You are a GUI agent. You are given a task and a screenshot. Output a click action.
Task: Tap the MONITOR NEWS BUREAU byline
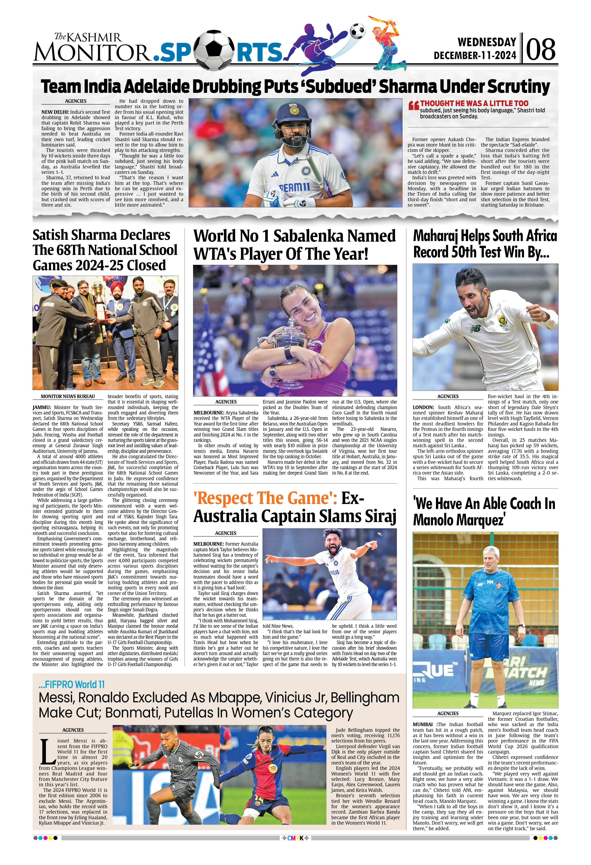point(68,396)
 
